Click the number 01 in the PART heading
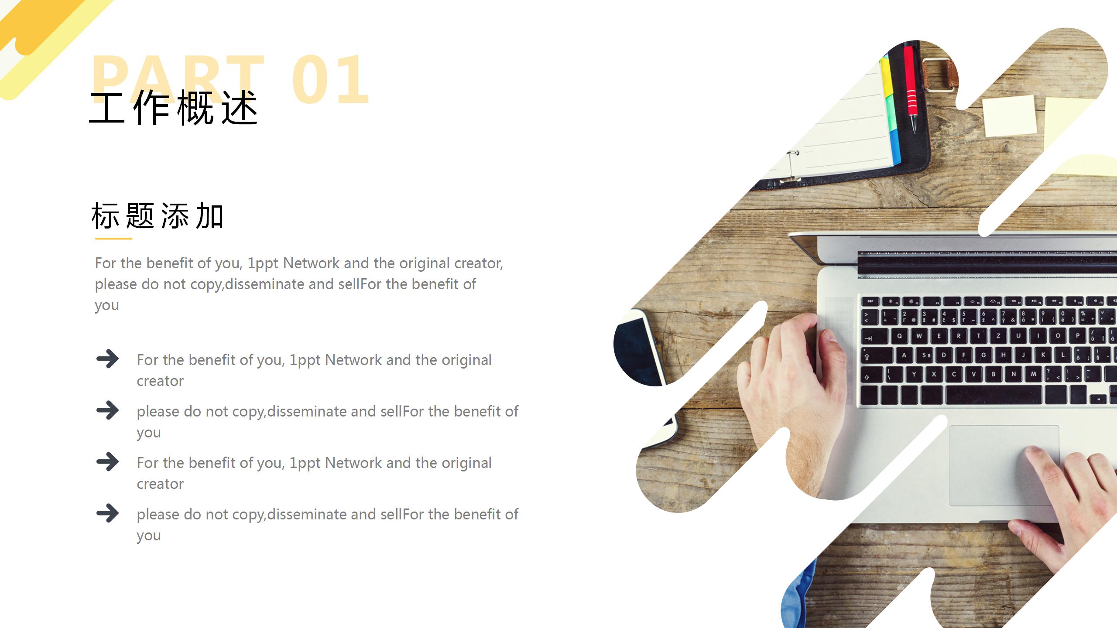pyautogui.click(x=331, y=79)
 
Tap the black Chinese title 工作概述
pyautogui.click(x=174, y=108)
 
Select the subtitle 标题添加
pyautogui.click(x=158, y=216)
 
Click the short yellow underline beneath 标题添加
pyautogui.click(x=113, y=239)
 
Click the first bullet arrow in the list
pyautogui.click(x=107, y=359)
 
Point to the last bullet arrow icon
pyautogui.click(x=107, y=513)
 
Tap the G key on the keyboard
pyautogui.click(x=983, y=355)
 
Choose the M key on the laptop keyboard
pyautogui.click(x=1033, y=374)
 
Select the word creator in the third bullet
pyautogui.click(x=160, y=484)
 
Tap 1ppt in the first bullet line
pyautogui.click(x=305, y=361)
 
